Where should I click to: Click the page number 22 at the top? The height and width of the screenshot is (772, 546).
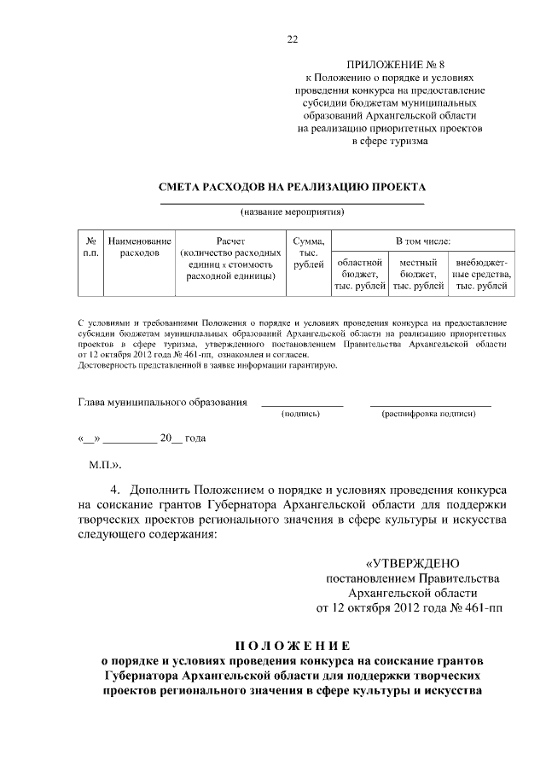pos(292,39)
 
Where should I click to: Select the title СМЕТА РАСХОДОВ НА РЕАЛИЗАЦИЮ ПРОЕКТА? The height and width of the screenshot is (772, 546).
pos(292,187)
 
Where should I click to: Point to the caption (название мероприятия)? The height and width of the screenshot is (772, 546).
pos(292,211)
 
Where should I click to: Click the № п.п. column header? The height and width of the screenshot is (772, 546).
pos(90,247)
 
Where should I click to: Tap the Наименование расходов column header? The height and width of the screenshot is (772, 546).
pos(139,247)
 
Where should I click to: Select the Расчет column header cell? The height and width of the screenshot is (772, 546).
pos(230,259)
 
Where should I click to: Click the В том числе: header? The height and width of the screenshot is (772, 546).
pos(422,241)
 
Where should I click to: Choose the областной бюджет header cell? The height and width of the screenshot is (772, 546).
pos(360,274)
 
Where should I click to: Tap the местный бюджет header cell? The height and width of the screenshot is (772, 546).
pos(418,274)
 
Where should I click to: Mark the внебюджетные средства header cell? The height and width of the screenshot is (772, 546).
pos(481,274)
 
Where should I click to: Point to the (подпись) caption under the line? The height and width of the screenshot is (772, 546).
pos(300,414)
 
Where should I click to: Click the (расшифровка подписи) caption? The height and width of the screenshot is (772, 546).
pos(429,414)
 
